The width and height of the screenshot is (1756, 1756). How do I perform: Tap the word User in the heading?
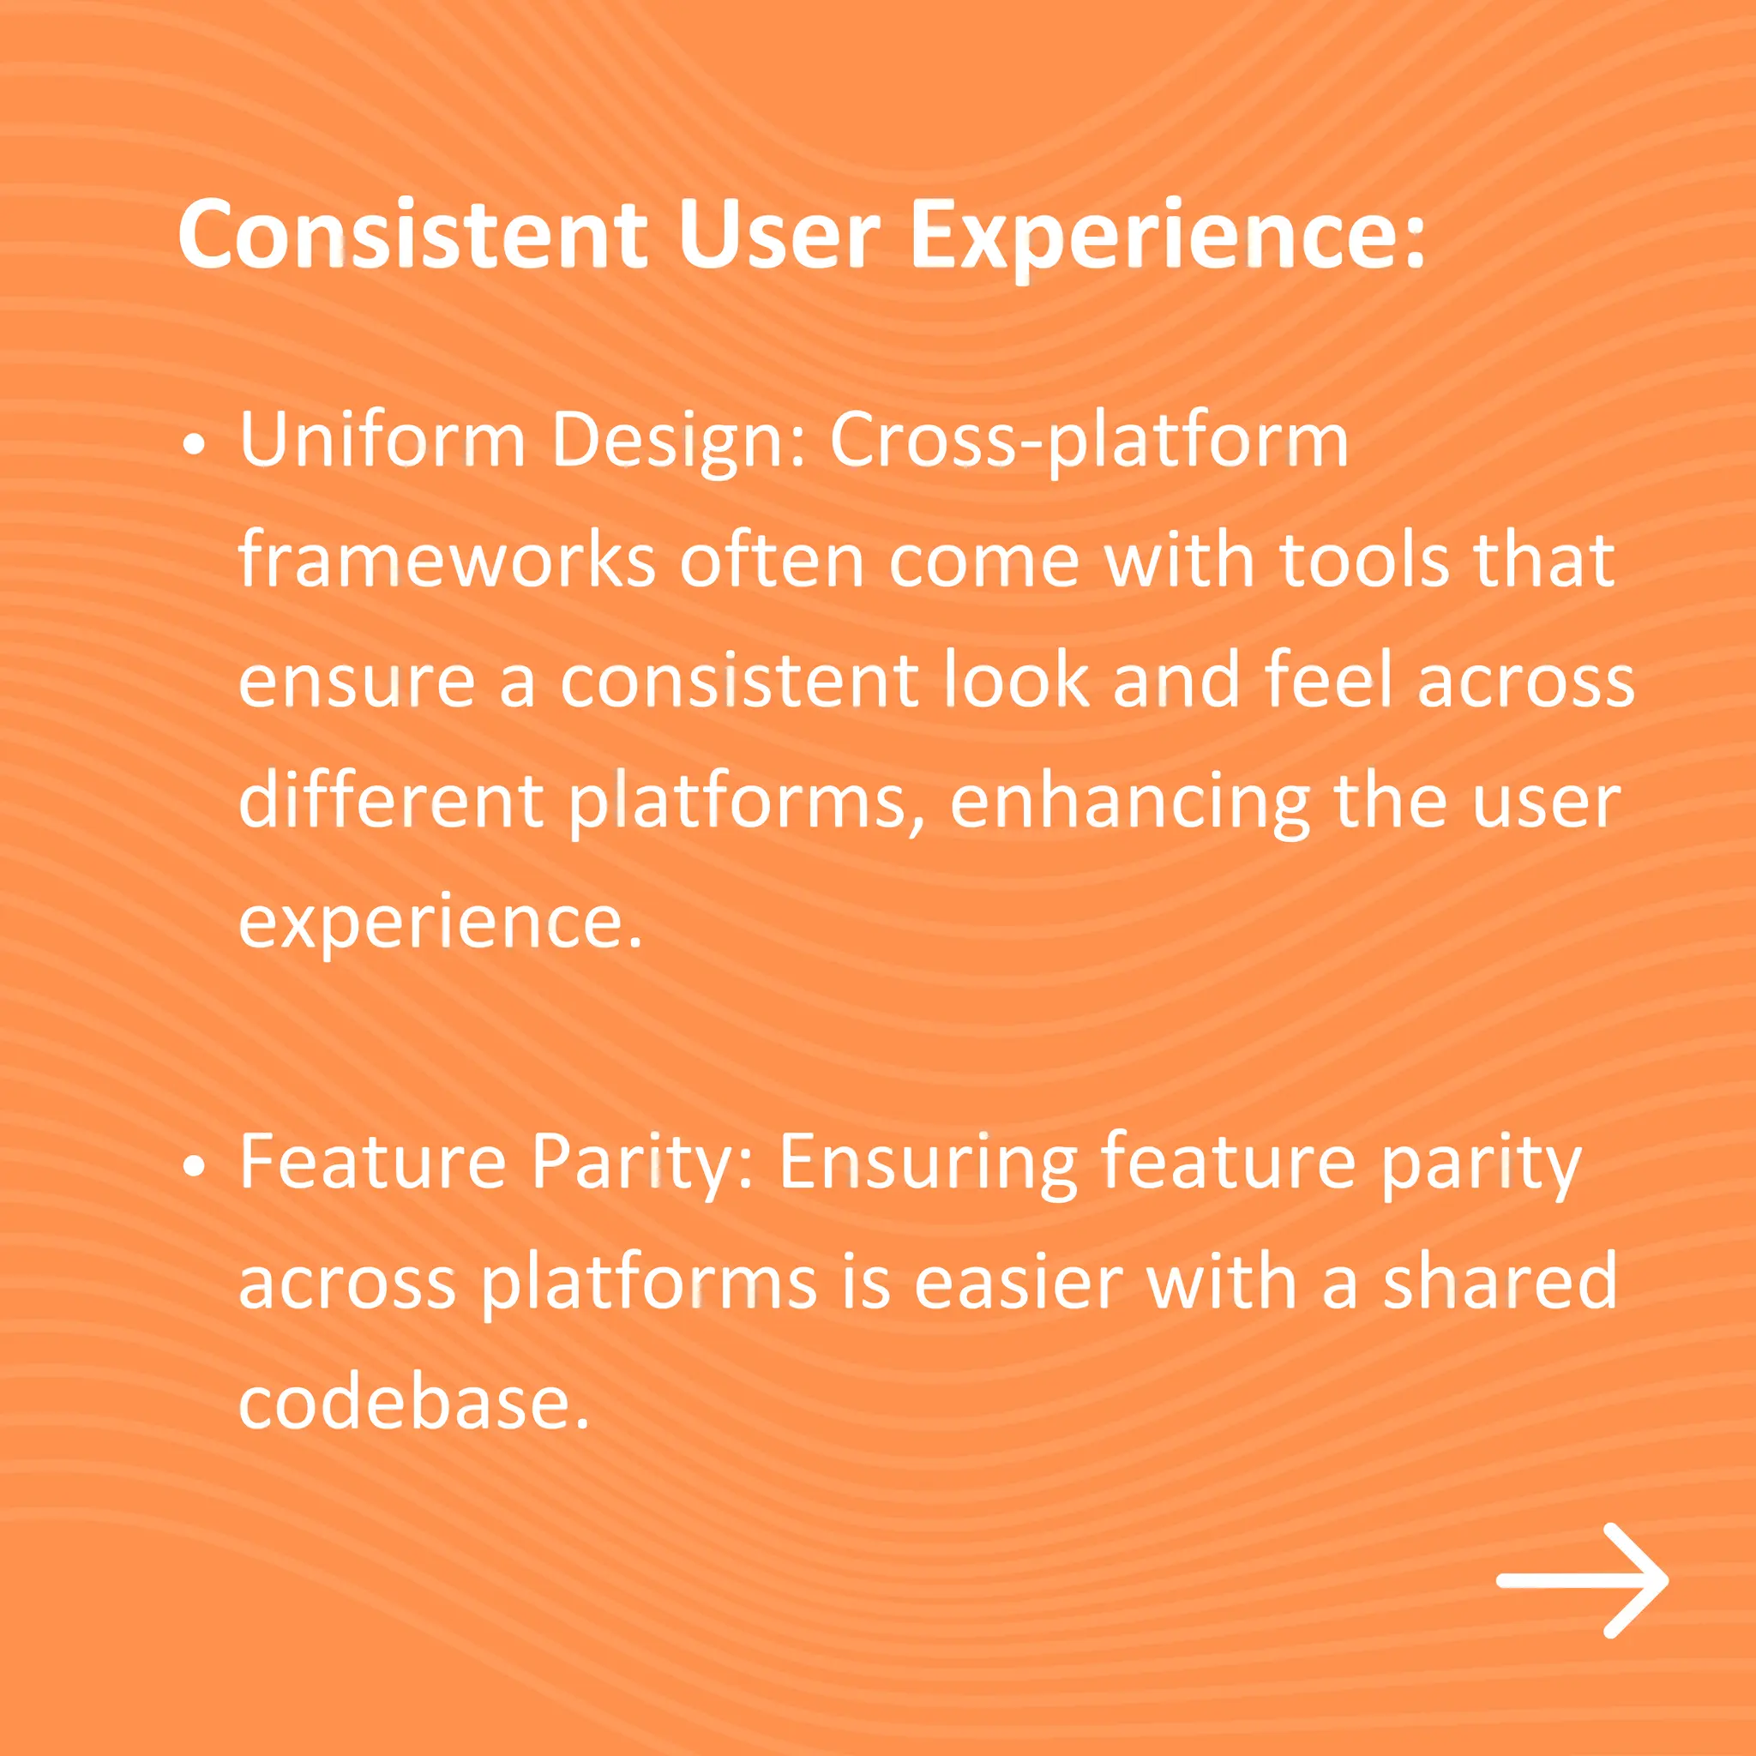pos(778,234)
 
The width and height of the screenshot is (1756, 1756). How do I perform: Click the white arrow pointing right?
pos(1583,1580)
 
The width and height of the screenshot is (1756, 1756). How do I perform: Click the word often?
pos(773,562)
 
